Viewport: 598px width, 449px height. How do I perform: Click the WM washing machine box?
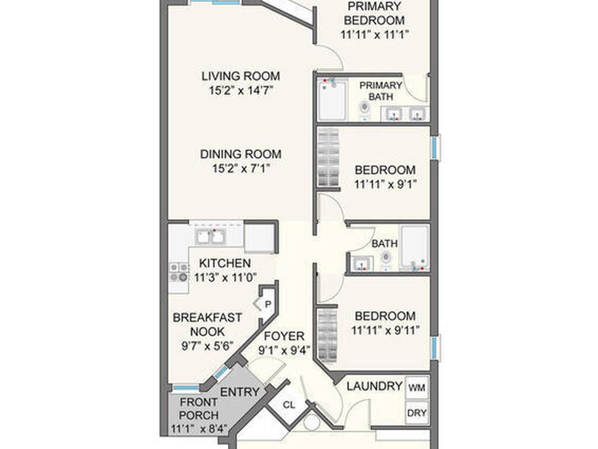tap(416, 387)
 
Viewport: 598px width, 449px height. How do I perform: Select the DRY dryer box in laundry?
tap(416, 413)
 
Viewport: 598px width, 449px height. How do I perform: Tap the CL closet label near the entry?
tap(288, 405)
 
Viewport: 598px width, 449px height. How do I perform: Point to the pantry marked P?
tap(267, 304)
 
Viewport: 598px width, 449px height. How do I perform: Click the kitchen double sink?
tap(210, 236)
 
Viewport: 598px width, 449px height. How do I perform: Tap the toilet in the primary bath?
tap(365, 109)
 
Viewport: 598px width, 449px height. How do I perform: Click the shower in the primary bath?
tap(333, 101)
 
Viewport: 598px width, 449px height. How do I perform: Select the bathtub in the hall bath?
tap(415, 247)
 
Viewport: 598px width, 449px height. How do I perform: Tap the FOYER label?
tap(284, 336)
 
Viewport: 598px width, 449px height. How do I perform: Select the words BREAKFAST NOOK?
tap(199, 324)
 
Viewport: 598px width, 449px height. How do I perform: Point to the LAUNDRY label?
tap(374, 386)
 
